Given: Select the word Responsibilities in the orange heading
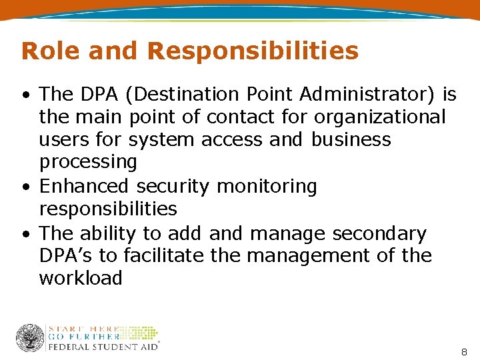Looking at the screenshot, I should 253,51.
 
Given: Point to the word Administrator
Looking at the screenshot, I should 359,95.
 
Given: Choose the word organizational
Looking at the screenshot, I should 380,117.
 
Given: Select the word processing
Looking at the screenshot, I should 88,162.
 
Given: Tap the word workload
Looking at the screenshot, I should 81,278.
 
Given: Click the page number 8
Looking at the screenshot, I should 464,351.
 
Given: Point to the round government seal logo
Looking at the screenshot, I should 30,337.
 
